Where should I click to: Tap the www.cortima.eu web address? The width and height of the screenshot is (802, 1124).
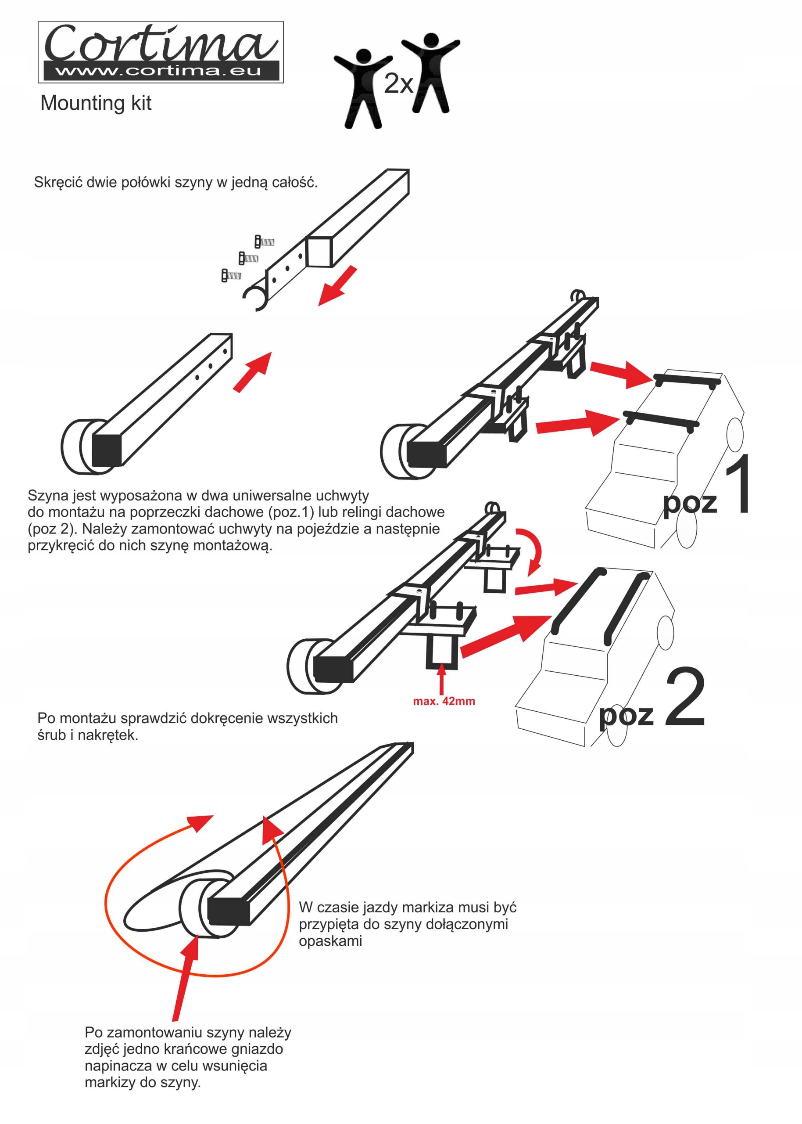click(158, 71)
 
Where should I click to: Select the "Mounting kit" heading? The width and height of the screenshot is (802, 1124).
click(96, 103)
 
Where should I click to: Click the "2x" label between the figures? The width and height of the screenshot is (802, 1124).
click(398, 83)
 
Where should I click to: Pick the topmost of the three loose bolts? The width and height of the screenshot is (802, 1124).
click(264, 241)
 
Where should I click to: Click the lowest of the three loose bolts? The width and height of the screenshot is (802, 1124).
click(231, 275)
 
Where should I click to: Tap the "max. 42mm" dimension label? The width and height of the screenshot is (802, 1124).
click(444, 701)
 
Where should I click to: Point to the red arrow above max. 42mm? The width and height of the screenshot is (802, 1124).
click(441, 679)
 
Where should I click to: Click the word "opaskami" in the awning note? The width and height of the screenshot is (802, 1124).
click(330, 941)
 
